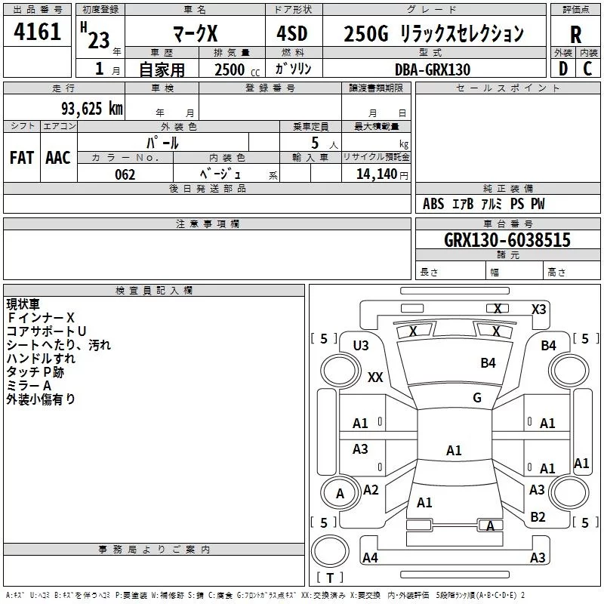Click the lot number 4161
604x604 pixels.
38,32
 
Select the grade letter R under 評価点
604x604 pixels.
575,34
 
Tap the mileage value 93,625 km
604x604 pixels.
91,108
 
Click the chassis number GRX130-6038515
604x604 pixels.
507,240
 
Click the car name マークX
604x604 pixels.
195,34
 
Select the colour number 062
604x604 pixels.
125,174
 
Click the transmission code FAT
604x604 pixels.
22,158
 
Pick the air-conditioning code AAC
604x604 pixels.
58,158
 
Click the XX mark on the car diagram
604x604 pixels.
375,377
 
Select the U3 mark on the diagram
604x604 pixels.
361,346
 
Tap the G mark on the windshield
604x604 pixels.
477,398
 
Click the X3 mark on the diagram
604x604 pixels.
538,309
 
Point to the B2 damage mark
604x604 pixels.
538,517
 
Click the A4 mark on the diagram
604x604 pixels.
370,558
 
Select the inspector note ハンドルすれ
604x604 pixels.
41,359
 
